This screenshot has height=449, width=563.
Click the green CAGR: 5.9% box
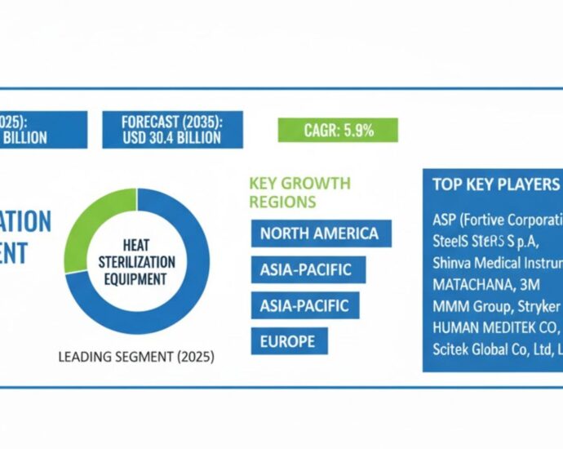[x=338, y=130]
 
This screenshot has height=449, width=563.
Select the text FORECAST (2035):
[x=171, y=121]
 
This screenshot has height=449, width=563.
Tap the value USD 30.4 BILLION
[x=171, y=137]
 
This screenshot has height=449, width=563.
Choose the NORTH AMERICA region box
[x=320, y=233]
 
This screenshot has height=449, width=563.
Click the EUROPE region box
[x=289, y=341]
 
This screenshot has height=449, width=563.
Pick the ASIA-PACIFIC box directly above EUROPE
[x=304, y=305]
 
